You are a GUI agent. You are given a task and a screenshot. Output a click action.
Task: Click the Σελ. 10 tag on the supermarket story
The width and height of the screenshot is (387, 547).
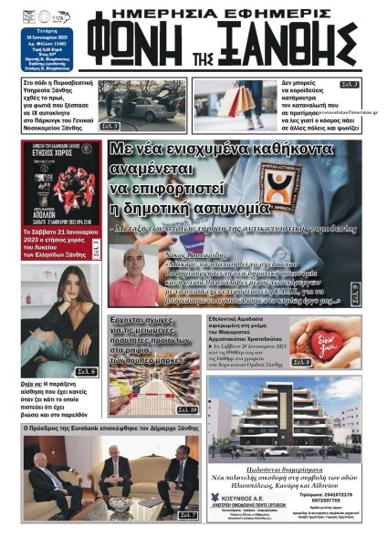[x=186, y=410]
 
